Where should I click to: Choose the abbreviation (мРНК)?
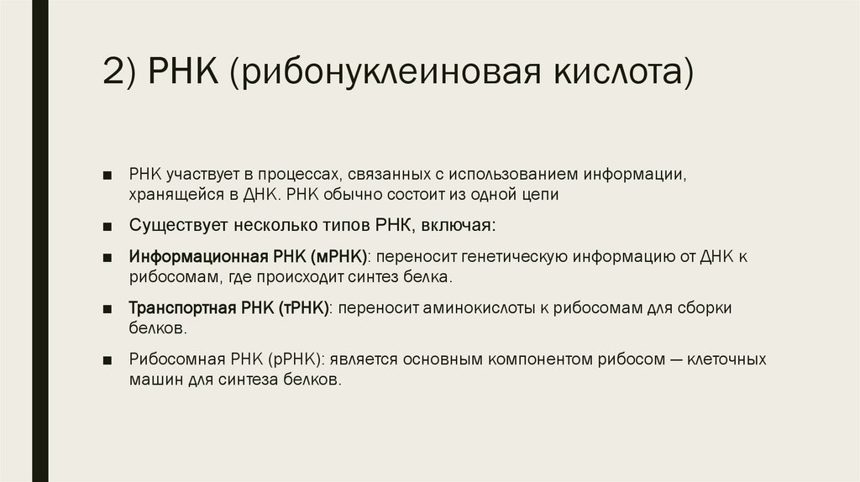338,256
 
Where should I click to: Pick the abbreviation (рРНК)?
292,359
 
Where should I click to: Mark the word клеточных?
727,359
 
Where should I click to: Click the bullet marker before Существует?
109,227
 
